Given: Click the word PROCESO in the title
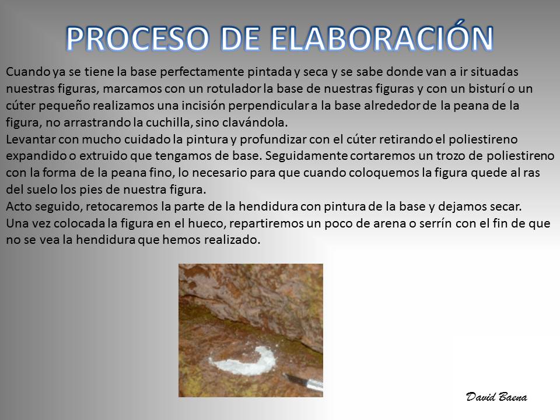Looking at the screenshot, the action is tap(138, 38).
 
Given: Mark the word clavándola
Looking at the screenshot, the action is tap(255, 123).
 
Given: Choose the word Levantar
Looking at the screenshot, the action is tap(30, 139).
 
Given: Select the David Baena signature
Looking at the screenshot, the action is tap(496, 397).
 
